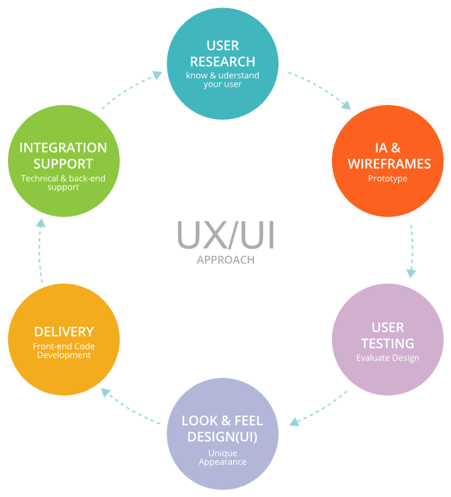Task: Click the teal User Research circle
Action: click(222, 63)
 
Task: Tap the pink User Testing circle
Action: click(388, 340)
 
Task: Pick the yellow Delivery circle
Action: click(64, 340)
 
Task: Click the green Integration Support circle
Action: click(64, 161)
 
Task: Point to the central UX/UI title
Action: click(226, 235)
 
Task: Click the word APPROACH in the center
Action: click(226, 260)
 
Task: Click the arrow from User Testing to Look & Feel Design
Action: click(319, 410)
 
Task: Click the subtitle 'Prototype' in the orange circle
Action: click(388, 179)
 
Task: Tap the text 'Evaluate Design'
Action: click(388, 358)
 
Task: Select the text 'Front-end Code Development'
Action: click(64, 350)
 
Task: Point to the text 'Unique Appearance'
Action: click(222, 457)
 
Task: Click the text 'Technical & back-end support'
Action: click(63, 183)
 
